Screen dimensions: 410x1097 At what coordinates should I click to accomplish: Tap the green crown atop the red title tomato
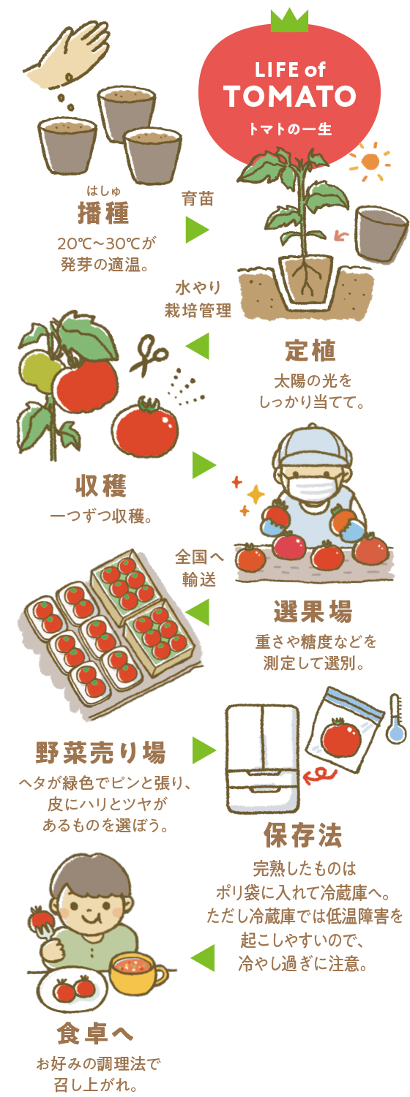click(289, 20)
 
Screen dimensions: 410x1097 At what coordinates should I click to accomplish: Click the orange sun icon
click(370, 161)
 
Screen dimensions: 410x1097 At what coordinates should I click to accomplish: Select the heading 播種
click(103, 213)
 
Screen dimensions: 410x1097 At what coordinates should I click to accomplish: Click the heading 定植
click(311, 350)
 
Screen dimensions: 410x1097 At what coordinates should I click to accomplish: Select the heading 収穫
click(102, 486)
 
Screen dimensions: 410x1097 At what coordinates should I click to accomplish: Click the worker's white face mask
click(313, 490)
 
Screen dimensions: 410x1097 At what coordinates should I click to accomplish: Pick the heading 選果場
click(313, 611)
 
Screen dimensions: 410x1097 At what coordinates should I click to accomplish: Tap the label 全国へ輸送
click(199, 568)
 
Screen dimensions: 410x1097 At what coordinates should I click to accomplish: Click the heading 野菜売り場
click(101, 753)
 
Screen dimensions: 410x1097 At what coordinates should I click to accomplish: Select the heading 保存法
click(303, 835)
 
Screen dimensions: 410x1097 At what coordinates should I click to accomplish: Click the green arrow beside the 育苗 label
click(198, 230)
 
